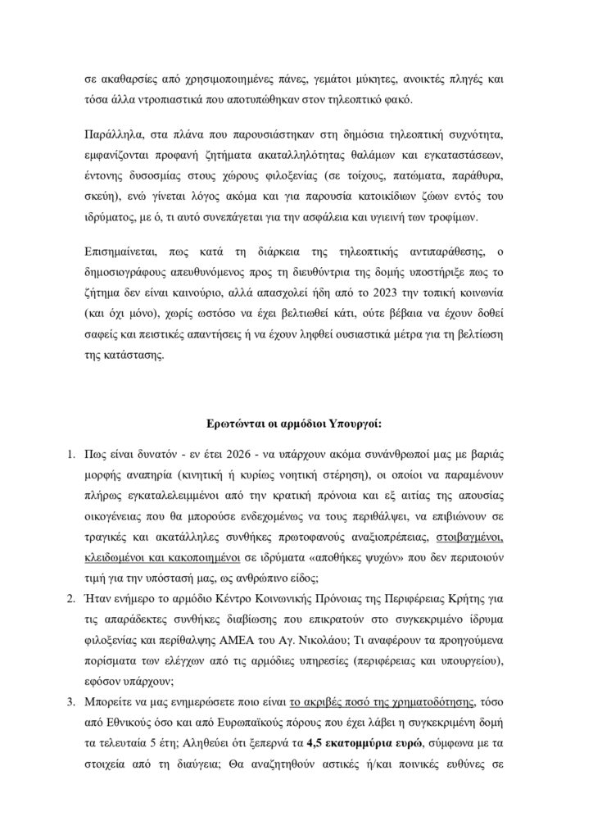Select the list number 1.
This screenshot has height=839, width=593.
(x=71, y=456)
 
